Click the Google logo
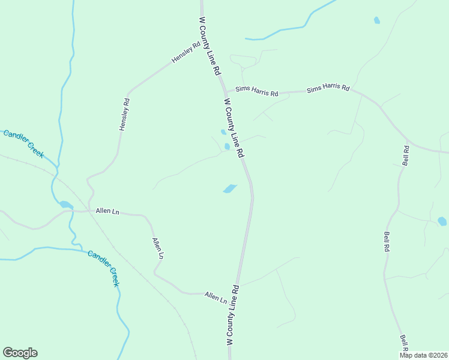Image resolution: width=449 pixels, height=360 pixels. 20,353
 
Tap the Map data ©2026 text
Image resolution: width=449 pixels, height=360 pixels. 423,355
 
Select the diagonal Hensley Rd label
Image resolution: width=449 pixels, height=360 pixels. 185,52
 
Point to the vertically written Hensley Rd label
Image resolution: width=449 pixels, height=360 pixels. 124,115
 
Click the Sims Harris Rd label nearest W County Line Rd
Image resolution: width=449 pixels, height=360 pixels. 257,91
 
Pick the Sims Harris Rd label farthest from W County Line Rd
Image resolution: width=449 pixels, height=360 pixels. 328,89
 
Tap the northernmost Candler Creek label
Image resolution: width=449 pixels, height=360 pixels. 23,144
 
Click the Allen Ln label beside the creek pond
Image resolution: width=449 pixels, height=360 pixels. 107,211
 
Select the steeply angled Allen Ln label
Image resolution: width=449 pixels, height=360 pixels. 158,248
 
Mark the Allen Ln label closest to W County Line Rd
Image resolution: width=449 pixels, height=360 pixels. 215,296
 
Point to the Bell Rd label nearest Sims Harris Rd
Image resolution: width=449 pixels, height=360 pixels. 406,155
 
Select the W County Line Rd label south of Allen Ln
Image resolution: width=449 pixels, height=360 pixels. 234,314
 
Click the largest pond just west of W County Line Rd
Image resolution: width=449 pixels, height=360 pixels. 229,189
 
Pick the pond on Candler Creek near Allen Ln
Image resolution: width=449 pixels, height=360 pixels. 65,205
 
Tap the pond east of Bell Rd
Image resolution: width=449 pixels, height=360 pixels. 442,221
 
